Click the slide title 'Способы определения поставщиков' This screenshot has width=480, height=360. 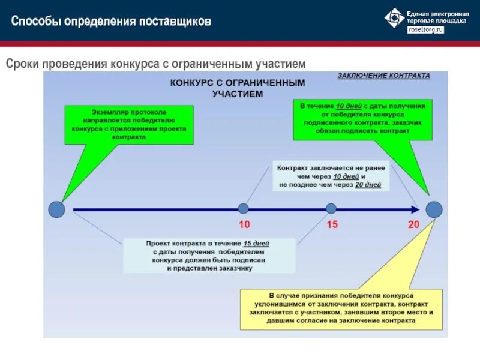point(111,22)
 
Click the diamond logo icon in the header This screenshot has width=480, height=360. point(394,17)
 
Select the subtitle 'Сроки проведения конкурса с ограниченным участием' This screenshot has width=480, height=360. point(156,63)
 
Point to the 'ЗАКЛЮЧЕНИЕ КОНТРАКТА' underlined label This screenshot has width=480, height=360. point(384,76)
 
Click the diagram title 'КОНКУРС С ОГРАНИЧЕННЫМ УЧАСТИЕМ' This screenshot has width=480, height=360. point(238,88)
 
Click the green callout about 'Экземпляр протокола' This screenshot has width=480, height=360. point(129,124)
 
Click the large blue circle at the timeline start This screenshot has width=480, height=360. point(56,209)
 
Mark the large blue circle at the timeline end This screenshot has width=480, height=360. point(434,209)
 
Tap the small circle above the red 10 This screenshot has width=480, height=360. point(243,209)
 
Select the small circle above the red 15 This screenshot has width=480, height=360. point(331,209)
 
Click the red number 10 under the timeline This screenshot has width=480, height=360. point(244,225)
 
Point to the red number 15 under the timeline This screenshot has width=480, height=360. point(332,225)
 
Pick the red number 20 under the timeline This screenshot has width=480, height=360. point(413,225)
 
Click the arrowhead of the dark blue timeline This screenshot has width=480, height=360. point(414,209)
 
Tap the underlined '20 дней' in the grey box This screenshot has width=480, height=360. point(368,185)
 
